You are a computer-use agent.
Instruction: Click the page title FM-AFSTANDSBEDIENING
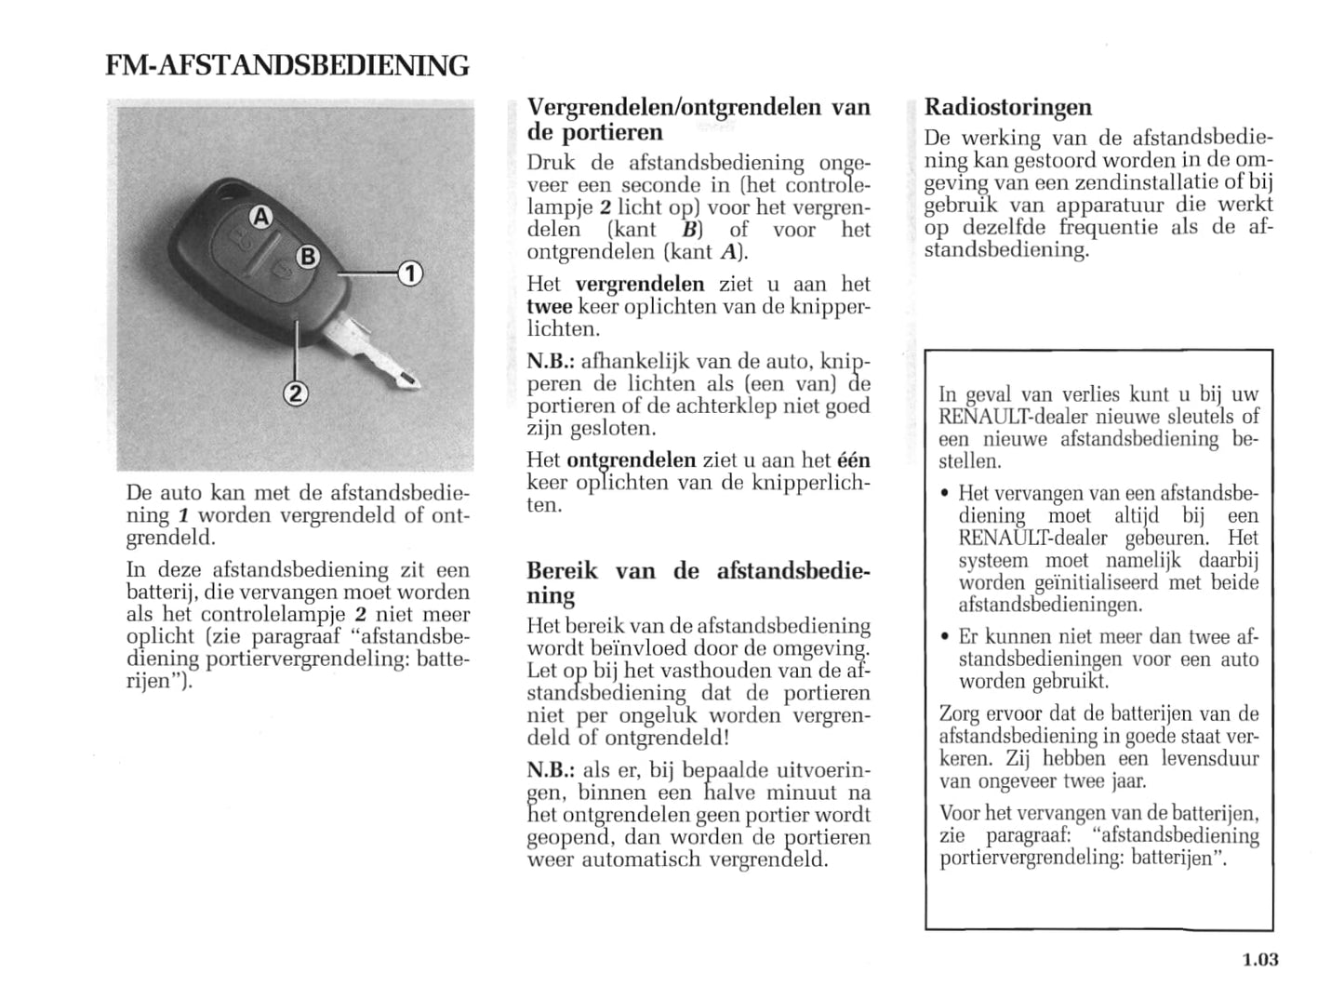(x=287, y=66)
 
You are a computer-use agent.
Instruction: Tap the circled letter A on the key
(x=261, y=218)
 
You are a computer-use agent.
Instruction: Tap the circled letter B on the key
(x=308, y=258)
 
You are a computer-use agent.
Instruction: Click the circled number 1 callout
(x=410, y=273)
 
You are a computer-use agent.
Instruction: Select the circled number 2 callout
(x=295, y=393)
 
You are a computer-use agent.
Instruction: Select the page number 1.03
(x=1260, y=959)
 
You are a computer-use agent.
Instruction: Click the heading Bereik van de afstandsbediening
(x=698, y=582)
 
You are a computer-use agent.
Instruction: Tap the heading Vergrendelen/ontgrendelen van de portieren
(x=698, y=119)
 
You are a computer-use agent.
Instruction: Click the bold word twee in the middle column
(x=550, y=307)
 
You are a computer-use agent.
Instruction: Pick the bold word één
(x=854, y=460)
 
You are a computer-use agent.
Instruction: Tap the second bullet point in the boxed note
(x=944, y=638)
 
